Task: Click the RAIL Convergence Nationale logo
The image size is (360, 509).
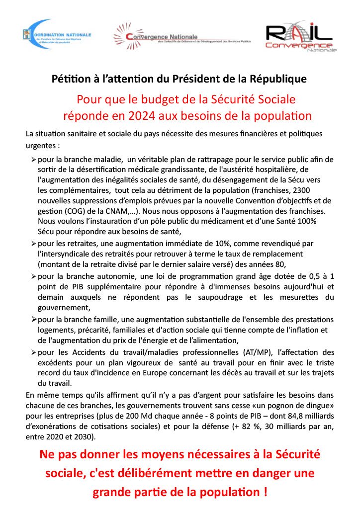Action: [x=300, y=37]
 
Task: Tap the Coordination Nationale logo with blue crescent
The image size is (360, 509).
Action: [x=57, y=35]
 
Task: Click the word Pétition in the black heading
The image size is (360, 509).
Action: [x=70, y=79]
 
